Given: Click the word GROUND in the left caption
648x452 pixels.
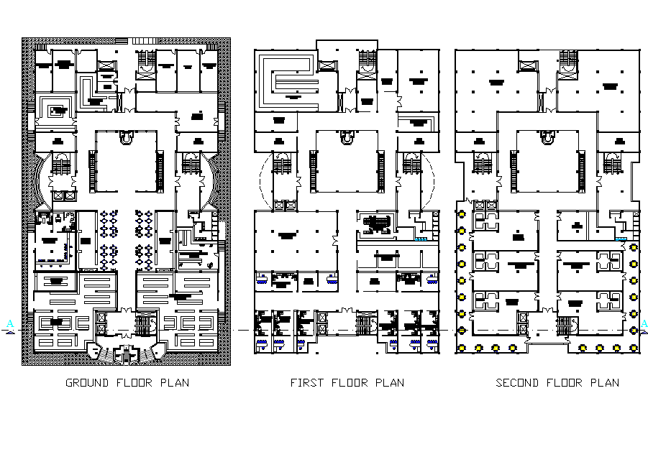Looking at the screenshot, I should [88, 383].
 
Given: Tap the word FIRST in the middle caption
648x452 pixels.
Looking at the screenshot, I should [306, 383].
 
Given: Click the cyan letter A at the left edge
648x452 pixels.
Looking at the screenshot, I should [9, 324].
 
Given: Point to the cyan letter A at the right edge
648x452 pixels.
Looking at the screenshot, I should [644, 324].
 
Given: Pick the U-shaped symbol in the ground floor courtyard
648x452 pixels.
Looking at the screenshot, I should [127, 137].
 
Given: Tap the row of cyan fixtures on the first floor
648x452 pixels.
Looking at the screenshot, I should [419, 239].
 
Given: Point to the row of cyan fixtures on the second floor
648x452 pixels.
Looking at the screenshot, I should [620, 239].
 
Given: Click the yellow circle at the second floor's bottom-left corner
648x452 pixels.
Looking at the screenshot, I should [461, 348].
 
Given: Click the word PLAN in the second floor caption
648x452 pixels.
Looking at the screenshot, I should [604, 383].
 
